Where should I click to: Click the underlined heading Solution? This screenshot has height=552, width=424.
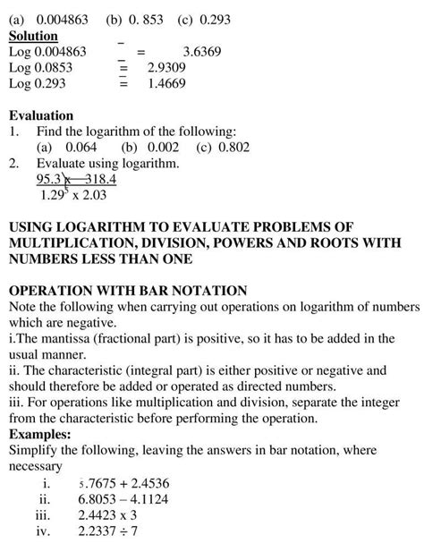coord(33,36)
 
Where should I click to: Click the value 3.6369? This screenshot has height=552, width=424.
coord(202,52)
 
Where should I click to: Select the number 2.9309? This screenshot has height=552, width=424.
coord(167,67)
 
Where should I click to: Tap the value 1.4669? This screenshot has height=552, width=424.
coord(167,83)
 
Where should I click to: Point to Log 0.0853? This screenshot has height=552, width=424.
coord(40,67)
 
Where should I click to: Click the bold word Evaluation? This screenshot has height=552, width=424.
coord(40,115)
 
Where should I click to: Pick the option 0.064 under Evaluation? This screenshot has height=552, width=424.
coord(72,147)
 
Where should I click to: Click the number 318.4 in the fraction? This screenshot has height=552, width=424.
coord(98,179)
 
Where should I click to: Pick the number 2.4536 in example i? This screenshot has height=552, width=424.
coord(157,482)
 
